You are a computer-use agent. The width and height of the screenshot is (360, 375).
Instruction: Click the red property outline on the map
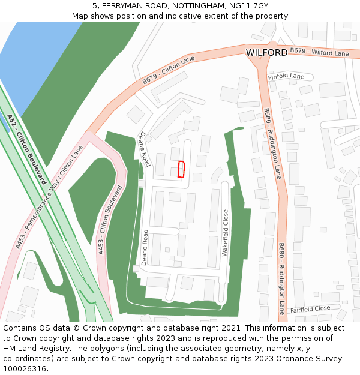(181, 170)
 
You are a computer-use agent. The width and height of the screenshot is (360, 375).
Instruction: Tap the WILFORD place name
(266, 53)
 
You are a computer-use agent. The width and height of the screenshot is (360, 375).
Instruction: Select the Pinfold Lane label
(286, 77)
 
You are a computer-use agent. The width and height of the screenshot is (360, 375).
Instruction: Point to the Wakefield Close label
(226, 233)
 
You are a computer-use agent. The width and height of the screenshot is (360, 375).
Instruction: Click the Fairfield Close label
(310, 309)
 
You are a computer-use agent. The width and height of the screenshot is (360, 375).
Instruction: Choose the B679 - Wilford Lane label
(319, 52)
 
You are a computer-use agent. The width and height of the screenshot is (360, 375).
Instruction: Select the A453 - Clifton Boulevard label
(110, 220)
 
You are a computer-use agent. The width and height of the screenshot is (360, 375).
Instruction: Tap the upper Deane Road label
(145, 149)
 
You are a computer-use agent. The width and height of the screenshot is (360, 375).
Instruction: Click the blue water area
(24, 66)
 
